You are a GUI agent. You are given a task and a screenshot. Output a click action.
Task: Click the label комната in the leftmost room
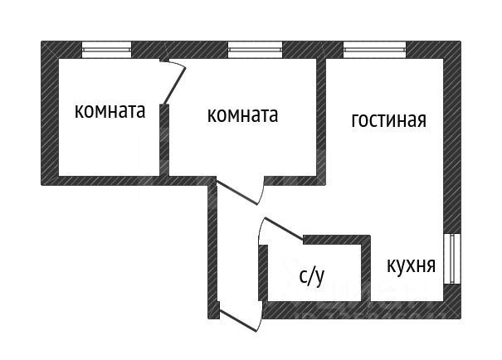coord(110,111)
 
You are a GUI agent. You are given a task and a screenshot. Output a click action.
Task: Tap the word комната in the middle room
coord(242,115)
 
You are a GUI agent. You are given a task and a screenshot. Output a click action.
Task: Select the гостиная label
coord(388,120)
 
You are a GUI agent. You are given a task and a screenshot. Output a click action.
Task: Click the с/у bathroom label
coord(311,276)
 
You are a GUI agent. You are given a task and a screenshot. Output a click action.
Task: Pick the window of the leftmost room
coord(106,51)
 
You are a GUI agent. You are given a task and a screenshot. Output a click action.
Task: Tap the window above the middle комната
coord(255,51)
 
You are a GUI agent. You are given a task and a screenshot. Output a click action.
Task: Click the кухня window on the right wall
coord(452,259)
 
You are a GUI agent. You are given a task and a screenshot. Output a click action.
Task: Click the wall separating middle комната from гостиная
coord(321,116)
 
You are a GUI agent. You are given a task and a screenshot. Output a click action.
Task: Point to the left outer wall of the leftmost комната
coord(48,116)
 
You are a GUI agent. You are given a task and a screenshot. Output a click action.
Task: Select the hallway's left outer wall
coord(212,249)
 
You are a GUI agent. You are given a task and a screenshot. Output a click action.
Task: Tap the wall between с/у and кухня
coord(366,270)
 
